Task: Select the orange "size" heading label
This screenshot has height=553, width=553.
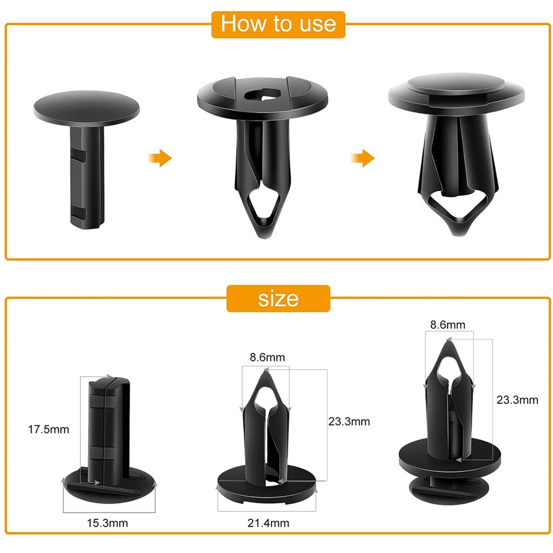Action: coord(278,298)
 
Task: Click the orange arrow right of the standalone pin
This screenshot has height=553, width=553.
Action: coord(161,158)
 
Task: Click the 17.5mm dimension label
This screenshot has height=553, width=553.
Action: coord(48,429)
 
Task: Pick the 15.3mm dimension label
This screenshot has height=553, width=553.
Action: coord(108,523)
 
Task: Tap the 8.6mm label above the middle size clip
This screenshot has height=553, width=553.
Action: coord(267,357)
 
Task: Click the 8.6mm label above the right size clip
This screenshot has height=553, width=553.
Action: coord(448,325)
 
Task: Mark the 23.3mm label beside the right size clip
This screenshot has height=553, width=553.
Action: coord(517,399)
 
